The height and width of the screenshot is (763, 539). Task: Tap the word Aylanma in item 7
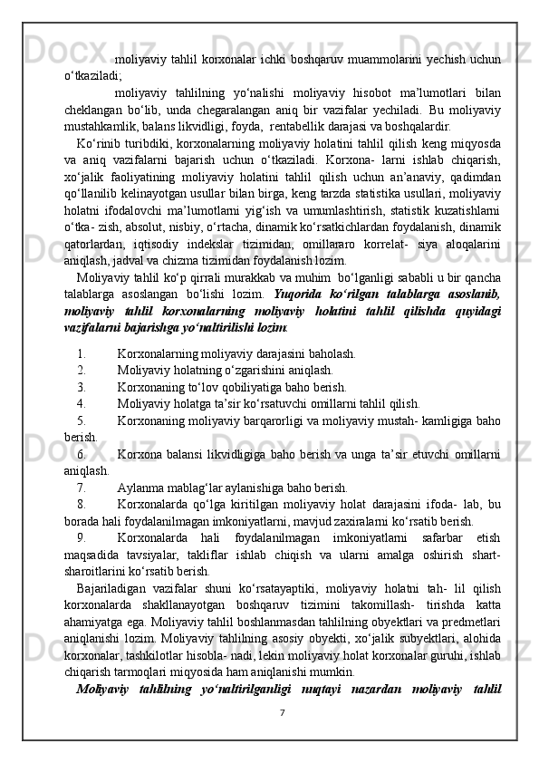(141, 487)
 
